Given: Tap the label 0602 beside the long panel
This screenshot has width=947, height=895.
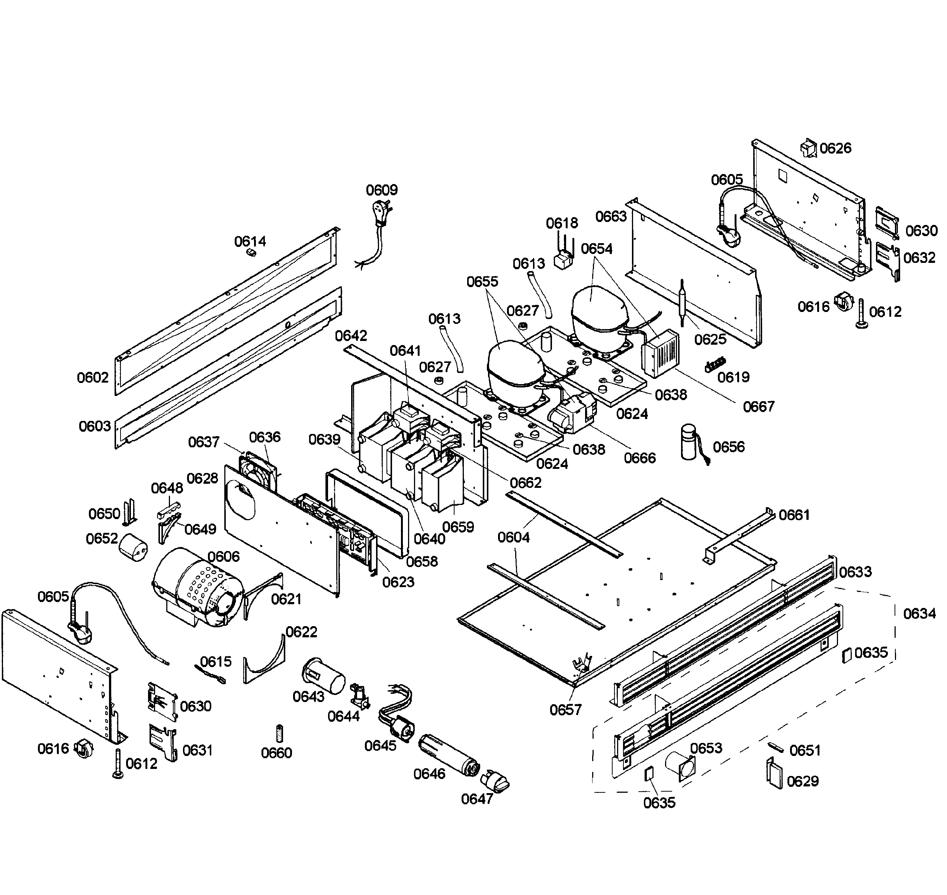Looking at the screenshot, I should coord(93,377).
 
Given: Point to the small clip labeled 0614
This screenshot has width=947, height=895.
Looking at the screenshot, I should coord(251,252).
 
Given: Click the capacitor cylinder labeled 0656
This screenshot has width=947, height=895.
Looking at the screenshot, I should coord(689,443).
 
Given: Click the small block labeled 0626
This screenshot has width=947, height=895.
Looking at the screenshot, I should coord(809,148).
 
